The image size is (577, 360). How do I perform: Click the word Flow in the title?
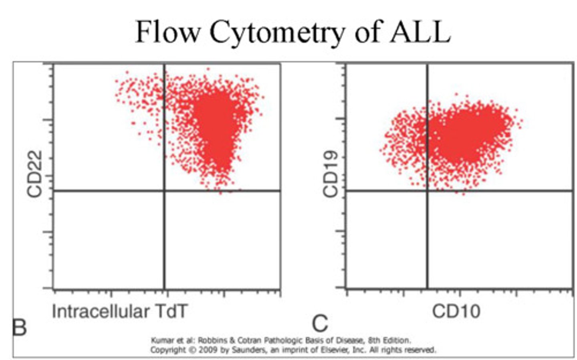point(167,32)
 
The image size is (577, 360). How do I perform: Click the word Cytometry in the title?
point(276,32)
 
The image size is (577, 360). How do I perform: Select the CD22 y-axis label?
point(35,174)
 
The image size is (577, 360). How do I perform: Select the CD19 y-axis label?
point(331,174)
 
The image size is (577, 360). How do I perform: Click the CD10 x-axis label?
point(456,311)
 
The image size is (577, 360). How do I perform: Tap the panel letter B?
point(20,327)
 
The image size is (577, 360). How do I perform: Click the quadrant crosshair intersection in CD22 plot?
point(164,191)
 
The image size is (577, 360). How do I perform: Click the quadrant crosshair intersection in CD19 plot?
point(427,191)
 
